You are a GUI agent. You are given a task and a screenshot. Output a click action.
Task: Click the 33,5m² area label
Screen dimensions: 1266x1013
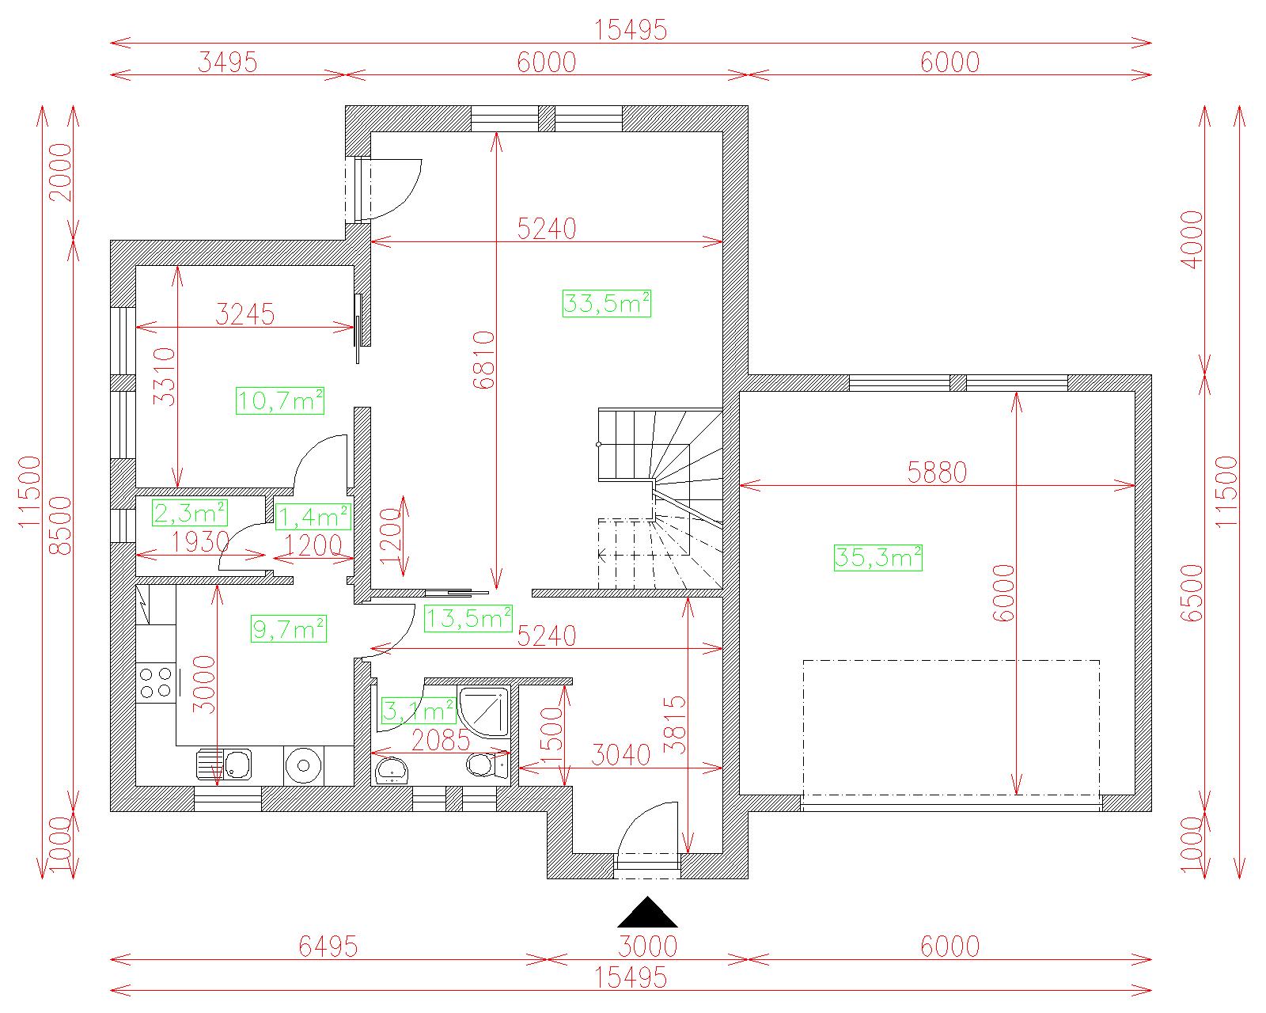click(607, 304)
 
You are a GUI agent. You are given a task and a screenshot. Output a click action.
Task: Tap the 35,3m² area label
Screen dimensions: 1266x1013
click(877, 557)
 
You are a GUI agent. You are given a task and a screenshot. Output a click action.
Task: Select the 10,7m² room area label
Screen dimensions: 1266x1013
click(280, 400)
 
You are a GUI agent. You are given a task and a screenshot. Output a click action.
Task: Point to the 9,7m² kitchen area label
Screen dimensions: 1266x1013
click(288, 629)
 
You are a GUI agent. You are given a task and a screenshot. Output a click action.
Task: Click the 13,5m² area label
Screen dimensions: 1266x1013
click(468, 619)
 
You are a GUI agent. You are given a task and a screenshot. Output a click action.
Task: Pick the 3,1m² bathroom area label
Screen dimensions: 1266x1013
click(419, 711)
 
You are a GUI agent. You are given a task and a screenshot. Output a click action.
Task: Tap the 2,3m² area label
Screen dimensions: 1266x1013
click(189, 514)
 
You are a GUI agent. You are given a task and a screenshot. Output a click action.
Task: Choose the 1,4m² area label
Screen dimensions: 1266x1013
click(313, 517)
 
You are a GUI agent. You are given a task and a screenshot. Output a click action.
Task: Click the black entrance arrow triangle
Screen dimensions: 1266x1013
click(647, 913)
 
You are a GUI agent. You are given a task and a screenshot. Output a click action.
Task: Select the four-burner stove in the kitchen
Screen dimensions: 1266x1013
click(156, 683)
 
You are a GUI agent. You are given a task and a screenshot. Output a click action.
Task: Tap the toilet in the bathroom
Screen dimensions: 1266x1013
click(487, 765)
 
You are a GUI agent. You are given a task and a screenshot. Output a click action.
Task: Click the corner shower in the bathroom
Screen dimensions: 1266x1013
click(483, 712)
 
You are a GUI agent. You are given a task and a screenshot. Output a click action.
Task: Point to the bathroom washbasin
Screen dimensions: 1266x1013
click(391, 771)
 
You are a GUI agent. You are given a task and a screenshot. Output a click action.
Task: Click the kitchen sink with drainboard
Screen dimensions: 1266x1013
click(224, 764)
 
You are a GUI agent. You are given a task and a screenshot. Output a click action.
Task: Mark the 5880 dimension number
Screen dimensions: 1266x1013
click(937, 472)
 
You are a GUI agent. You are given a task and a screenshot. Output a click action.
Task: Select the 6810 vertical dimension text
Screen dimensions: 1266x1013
click(484, 360)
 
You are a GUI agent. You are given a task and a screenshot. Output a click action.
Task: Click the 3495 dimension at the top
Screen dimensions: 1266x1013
click(228, 63)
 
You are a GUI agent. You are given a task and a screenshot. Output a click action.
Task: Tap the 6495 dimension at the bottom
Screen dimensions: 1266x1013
click(328, 947)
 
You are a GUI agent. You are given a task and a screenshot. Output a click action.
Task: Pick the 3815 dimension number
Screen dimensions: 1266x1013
click(675, 725)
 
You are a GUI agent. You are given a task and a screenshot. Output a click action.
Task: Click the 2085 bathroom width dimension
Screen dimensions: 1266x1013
click(441, 741)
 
